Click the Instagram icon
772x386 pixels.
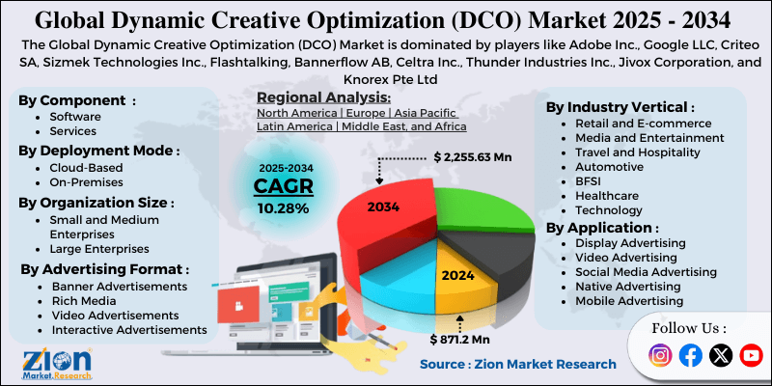tap(660, 356)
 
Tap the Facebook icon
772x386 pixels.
tap(690, 356)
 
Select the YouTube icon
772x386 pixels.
tap(751, 356)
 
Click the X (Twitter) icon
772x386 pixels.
tap(721, 356)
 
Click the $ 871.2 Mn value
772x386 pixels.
tap(462, 340)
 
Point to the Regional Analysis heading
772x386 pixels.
tap(324, 98)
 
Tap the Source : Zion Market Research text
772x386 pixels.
tap(517, 364)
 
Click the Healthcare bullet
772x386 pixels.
tap(606, 195)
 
